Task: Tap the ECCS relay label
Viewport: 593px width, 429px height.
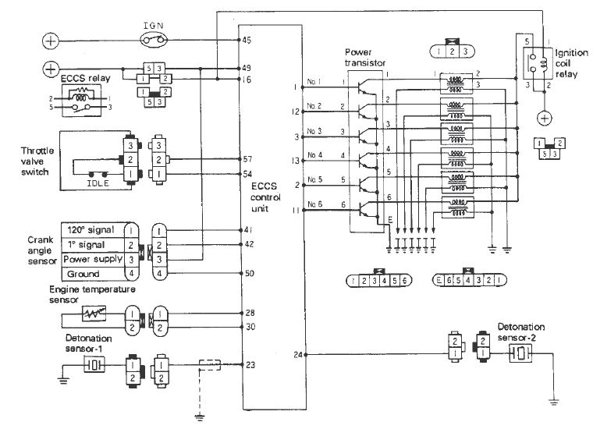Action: click(x=82, y=79)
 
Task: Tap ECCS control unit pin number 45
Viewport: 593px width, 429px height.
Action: click(x=247, y=39)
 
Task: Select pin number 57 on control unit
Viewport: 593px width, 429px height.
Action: click(x=247, y=158)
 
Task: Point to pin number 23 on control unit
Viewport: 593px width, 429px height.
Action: click(x=250, y=364)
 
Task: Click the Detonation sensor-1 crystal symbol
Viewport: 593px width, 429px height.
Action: click(x=94, y=365)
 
